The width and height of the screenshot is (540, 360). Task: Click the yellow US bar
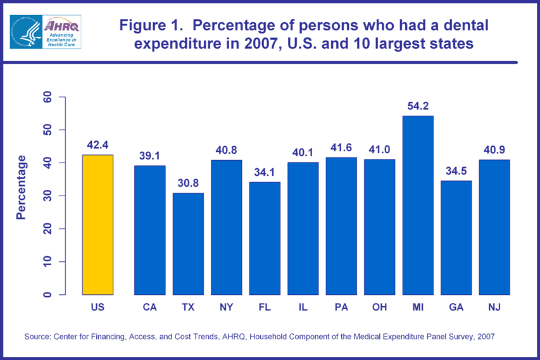[x=97, y=225]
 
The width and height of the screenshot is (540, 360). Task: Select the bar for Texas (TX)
[x=188, y=244]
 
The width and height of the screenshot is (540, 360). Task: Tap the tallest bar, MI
[x=418, y=205]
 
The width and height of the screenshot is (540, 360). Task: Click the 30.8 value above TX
[x=188, y=184]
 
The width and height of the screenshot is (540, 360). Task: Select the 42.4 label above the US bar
[x=97, y=146]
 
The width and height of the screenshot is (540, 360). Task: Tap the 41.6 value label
[x=341, y=148]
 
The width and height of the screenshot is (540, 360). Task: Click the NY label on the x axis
[x=226, y=307]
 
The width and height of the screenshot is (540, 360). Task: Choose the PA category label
[x=341, y=307]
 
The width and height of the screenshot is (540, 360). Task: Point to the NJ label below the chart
[x=494, y=307]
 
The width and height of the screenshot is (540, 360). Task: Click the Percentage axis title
[x=22, y=187]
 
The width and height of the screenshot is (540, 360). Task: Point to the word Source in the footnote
[x=39, y=337]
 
